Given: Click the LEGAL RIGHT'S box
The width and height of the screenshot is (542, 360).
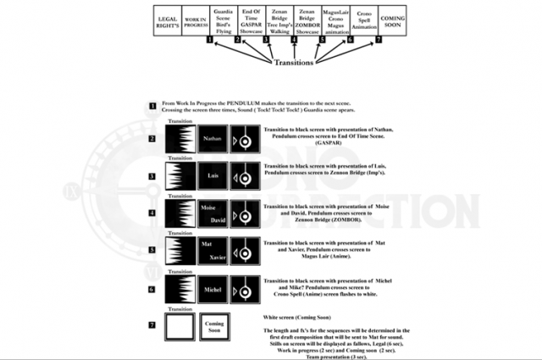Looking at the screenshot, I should (168, 22).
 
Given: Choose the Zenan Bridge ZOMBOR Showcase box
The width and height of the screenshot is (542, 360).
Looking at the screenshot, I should (307, 22).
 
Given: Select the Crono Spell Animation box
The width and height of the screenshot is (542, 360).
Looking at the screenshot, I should (364, 22).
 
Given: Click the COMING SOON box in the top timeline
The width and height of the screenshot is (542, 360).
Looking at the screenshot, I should (392, 22).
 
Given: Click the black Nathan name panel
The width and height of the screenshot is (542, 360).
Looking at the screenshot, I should (213, 136).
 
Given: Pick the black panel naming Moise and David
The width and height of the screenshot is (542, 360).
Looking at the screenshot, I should (213, 213).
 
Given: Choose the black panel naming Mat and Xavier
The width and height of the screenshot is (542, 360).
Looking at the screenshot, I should (213, 251).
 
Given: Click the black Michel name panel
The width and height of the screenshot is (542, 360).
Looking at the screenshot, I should (213, 289).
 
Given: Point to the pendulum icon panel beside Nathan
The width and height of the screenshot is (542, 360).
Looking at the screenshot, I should (245, 136).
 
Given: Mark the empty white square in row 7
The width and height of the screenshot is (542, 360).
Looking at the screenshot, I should (180, 327).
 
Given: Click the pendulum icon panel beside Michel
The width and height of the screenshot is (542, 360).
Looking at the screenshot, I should (245, 289).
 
